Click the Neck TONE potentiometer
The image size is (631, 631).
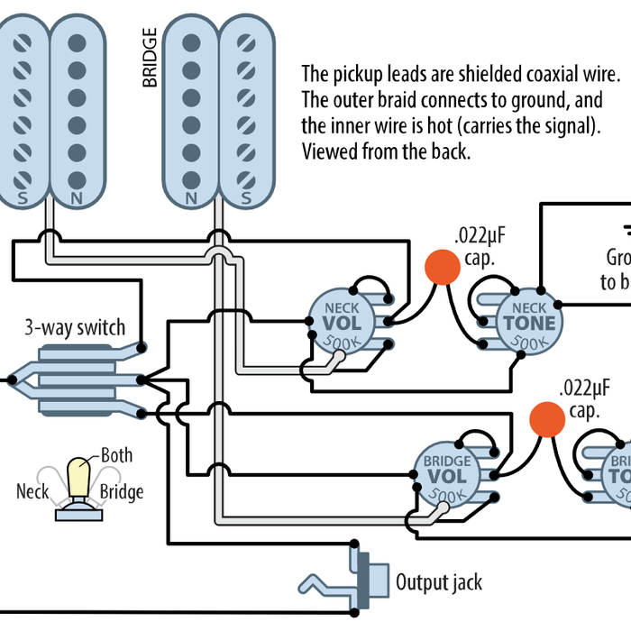pos(528,325)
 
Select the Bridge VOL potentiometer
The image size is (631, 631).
pos(447,475)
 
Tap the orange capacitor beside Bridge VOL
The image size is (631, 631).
pos(546,418)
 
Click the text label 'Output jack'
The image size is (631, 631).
pos(439,581)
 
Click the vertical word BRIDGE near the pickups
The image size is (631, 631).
pos(150,58)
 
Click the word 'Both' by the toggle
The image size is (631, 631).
pos(117,455)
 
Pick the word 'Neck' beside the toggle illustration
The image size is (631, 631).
pos(32,492)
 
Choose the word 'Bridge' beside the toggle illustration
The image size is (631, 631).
pos(121,492)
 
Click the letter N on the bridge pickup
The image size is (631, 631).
pos(191,197)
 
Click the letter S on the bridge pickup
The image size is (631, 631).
pos(245,197)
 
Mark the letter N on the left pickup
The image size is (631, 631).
pos(77,197)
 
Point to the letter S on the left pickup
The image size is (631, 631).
pos(22,197)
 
